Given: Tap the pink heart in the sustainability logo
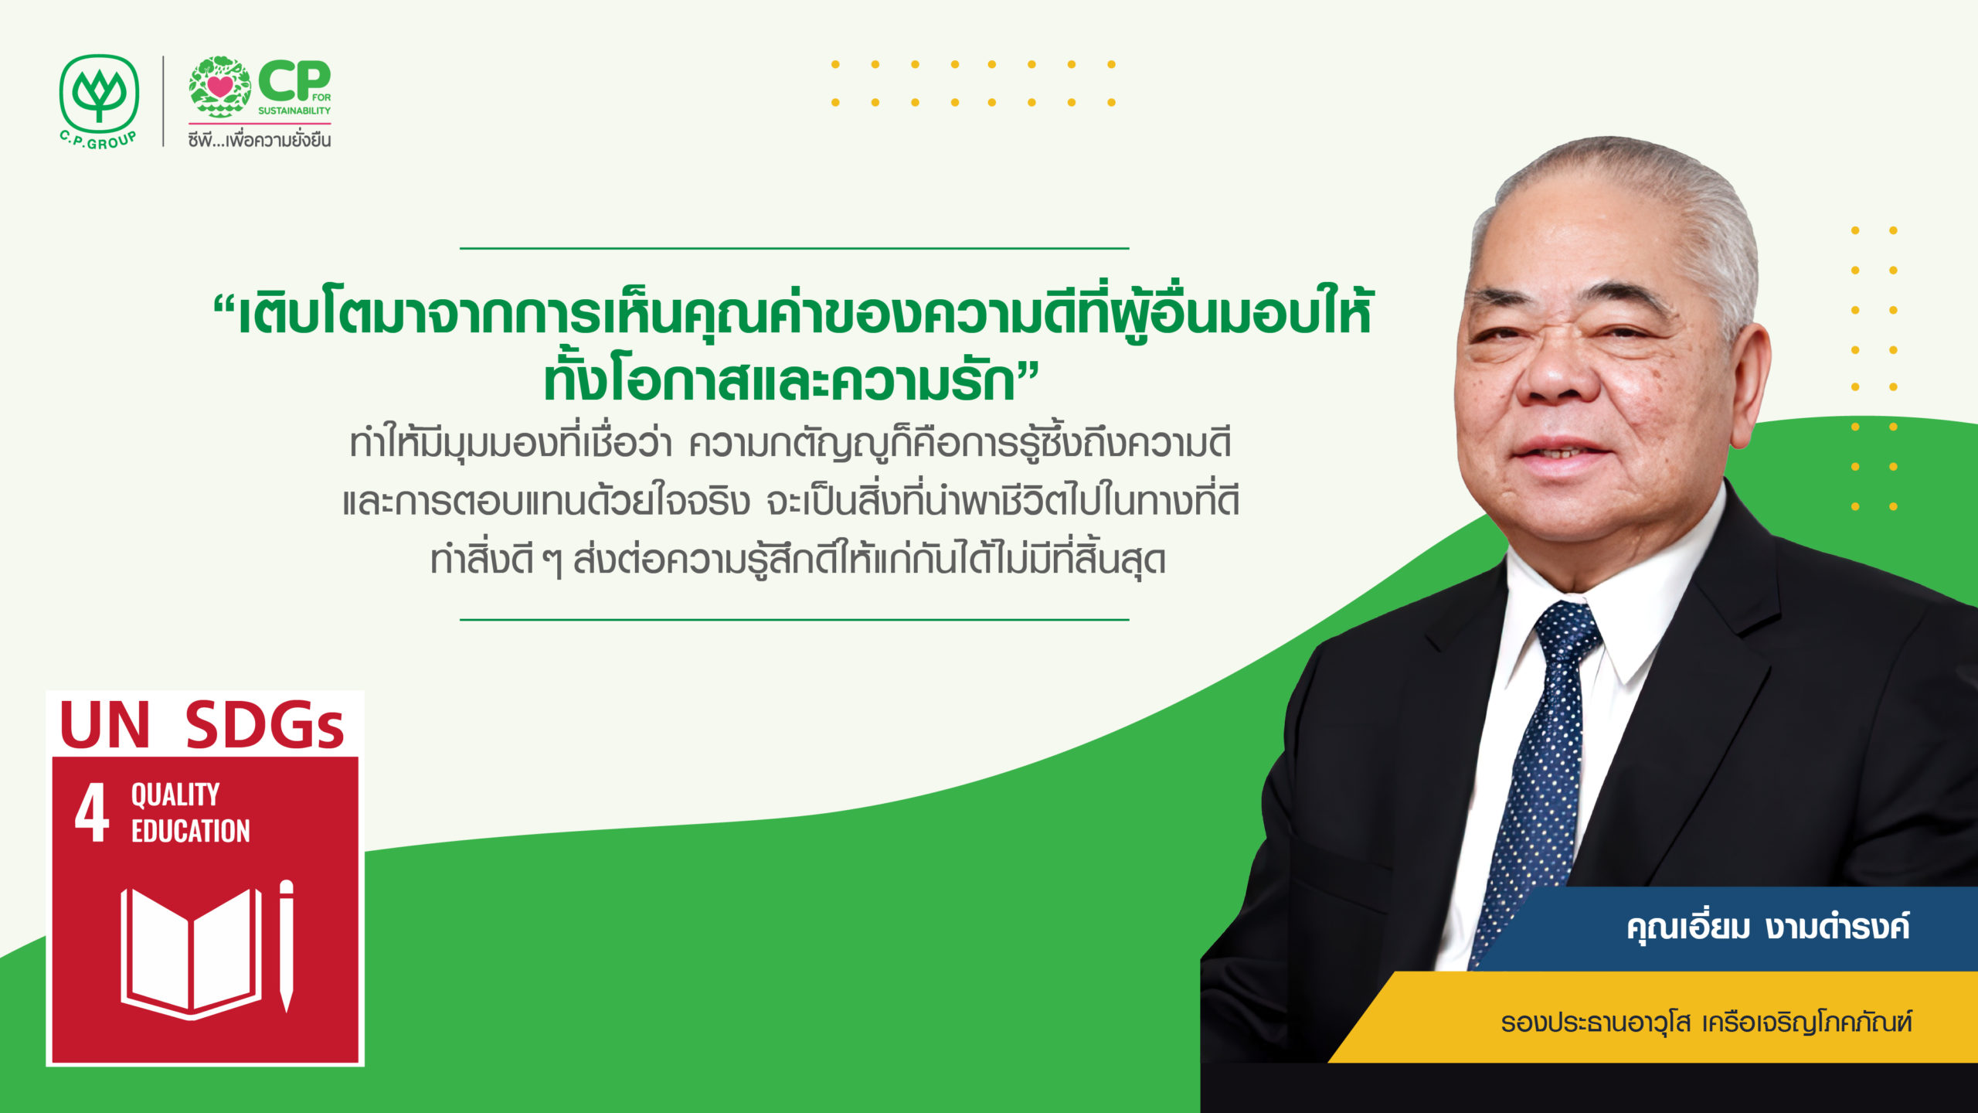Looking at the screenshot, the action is coord(220,86).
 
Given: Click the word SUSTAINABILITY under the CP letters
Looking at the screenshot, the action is coord(294,111).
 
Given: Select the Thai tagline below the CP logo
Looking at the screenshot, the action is coord(260,139).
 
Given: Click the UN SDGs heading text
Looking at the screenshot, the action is coord(202,725).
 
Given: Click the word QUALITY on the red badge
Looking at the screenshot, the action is coord(175,795).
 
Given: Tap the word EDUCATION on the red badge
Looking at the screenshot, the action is coord(191,831).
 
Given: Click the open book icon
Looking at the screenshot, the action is coord(192,953).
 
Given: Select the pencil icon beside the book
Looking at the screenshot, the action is coord(287,945).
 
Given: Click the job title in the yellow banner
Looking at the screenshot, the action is coord(1706,1023).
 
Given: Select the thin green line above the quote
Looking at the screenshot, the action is coord(794,248).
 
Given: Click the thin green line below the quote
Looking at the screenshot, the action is coord(794,619).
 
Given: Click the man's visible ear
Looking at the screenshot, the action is coord(1748,386).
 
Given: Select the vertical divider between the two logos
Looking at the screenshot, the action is coord(163,100).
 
